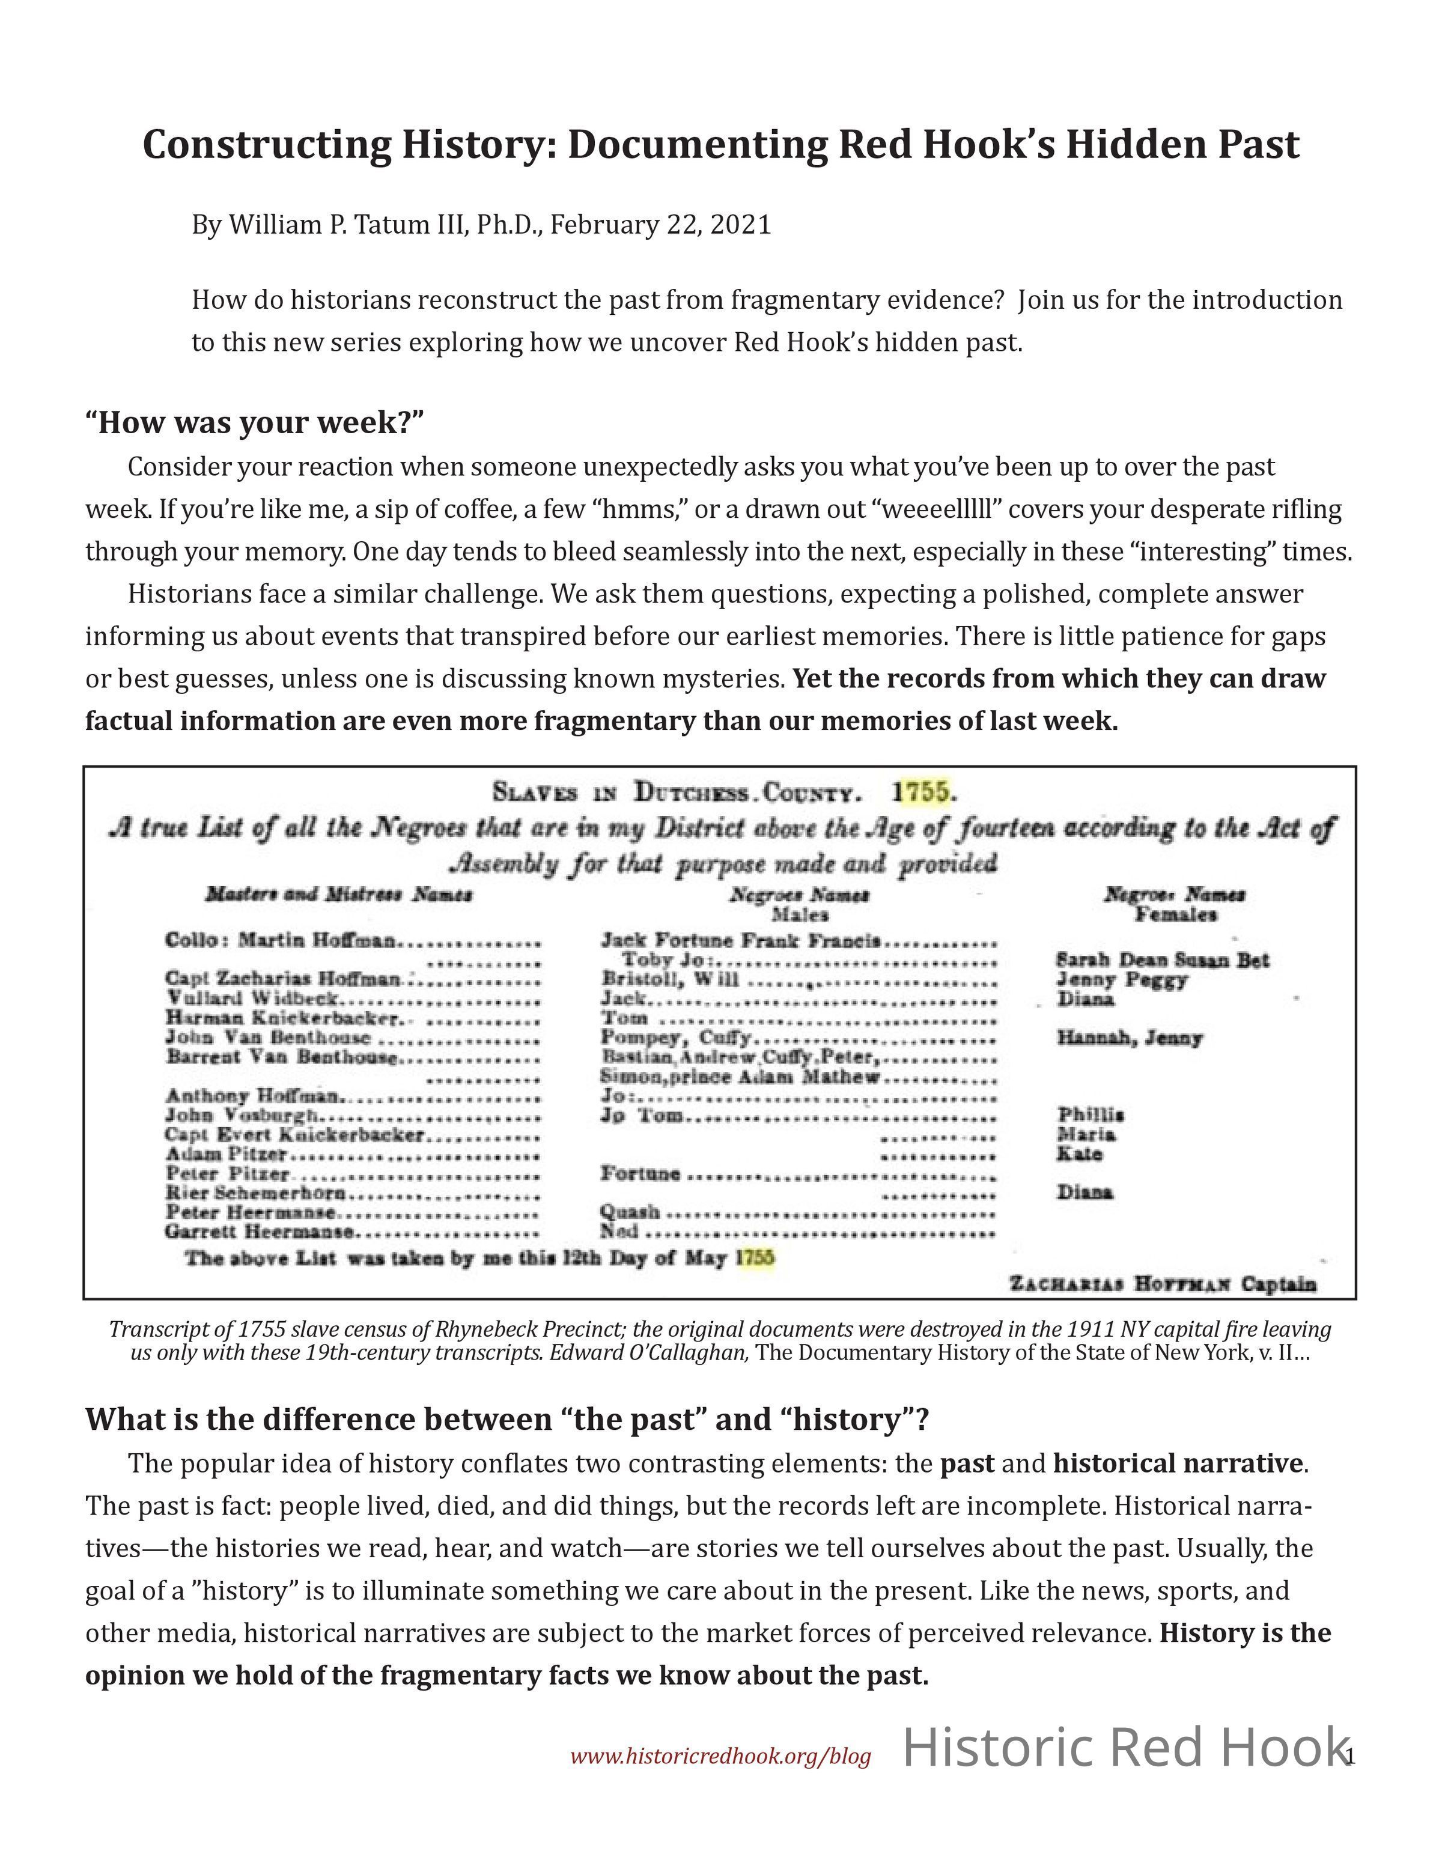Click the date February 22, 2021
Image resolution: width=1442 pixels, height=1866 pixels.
(660, 225)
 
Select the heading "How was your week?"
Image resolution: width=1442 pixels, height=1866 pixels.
(255, 422)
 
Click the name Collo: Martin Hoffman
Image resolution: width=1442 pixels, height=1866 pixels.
(281, 941)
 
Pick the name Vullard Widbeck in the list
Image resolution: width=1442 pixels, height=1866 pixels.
(254, 998)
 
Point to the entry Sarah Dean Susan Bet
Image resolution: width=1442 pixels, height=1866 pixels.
(1162, 961)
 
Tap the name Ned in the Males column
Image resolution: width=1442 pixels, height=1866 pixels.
(619, 1231)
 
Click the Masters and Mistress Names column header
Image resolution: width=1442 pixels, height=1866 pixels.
(338, 895)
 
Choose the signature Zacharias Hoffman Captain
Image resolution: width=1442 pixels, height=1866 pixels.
(1163, 1284)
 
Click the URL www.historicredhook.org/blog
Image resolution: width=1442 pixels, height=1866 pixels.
(720, 1757)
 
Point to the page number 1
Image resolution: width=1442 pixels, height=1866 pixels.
(1349, 1757)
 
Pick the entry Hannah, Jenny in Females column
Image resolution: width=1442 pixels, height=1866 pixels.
(1130, 1038)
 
